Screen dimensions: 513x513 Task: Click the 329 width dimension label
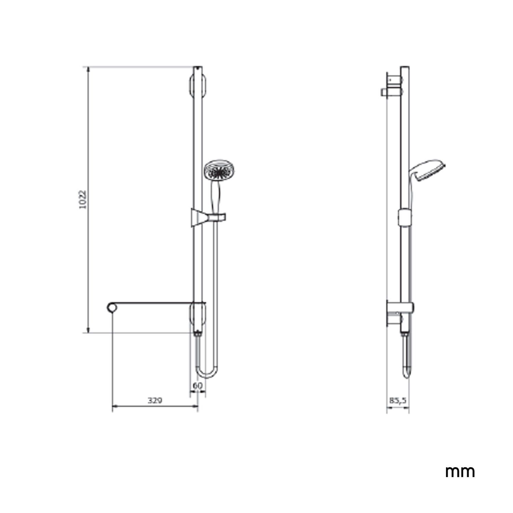[x=155, y=400]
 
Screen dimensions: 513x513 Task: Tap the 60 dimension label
[x=198, y=385]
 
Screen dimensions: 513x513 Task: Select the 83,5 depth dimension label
[x=397, y=400]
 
